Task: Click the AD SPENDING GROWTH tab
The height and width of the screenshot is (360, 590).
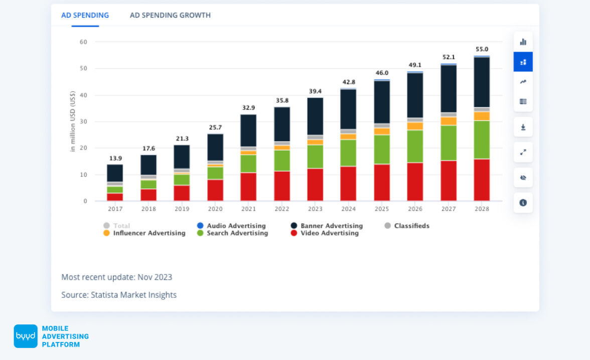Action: [170, 15]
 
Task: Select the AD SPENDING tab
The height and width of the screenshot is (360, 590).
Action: [85, 15]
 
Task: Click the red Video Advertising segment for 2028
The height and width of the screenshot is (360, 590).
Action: [481, 180]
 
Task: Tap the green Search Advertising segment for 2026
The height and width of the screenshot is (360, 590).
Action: [415, 146]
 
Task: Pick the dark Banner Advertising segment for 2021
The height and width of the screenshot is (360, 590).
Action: [248, 131]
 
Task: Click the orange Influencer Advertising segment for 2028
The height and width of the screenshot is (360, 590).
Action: [481, 116]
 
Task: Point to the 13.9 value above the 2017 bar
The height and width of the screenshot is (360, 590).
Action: [115, 158]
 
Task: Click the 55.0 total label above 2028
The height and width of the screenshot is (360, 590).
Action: [482, 49]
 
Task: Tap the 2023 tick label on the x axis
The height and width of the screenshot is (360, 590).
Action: [315, 208]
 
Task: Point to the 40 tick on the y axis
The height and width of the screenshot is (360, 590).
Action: [83, 95]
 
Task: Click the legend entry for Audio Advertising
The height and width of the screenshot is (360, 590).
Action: [236, 226]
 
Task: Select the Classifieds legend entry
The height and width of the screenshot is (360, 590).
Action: [411, 226]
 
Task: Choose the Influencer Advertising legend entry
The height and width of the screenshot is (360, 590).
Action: [149, 233]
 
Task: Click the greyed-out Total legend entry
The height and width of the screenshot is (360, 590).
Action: [121, 226]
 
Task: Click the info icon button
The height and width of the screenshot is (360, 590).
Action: [523, 203]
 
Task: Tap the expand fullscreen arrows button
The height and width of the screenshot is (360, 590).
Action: [523, 152]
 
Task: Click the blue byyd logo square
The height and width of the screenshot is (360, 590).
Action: [26, 336]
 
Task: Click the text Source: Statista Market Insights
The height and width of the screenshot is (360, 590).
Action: [119, 295]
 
